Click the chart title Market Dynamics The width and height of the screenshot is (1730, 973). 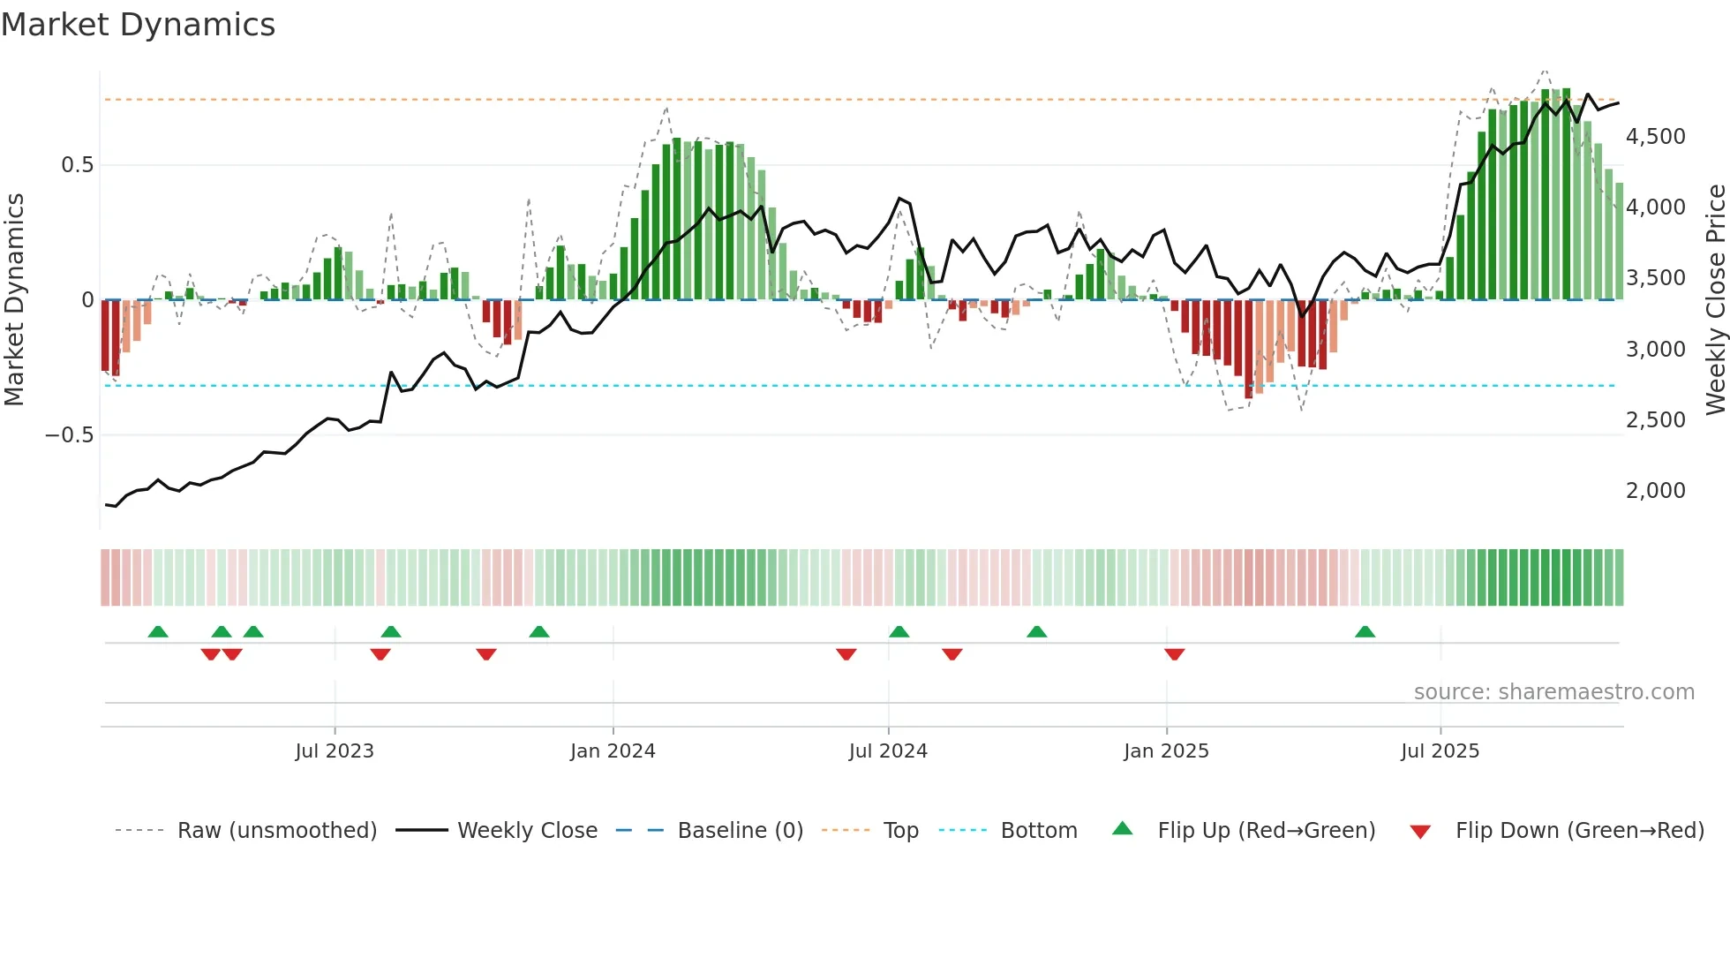138,25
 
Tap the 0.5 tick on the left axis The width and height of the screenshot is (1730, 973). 77,165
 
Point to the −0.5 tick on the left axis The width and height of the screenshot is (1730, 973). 69,435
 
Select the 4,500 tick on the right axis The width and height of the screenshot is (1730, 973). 1655,137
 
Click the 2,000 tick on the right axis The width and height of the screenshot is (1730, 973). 1655,491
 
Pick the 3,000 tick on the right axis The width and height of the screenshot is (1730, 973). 1655,350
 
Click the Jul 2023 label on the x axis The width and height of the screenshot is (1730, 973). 335,751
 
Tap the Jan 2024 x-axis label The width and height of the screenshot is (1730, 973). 613,751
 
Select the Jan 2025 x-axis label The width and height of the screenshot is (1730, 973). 1166,751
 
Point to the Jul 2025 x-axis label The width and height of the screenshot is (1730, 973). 1440,751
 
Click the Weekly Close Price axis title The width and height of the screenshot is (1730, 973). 1715,299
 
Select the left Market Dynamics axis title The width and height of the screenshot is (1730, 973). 14,299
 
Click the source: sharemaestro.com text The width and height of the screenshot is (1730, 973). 1553,692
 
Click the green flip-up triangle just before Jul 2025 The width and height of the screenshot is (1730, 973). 1365,632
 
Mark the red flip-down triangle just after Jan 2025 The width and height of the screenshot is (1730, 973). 1174,654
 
